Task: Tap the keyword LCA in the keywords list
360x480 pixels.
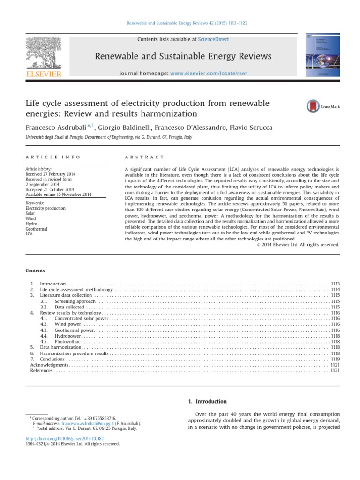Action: (29, 233)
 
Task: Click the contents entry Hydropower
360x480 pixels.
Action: (67, 336)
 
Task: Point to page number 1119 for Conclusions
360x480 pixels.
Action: (335, 359)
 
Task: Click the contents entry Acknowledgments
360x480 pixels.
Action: (49, 365)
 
